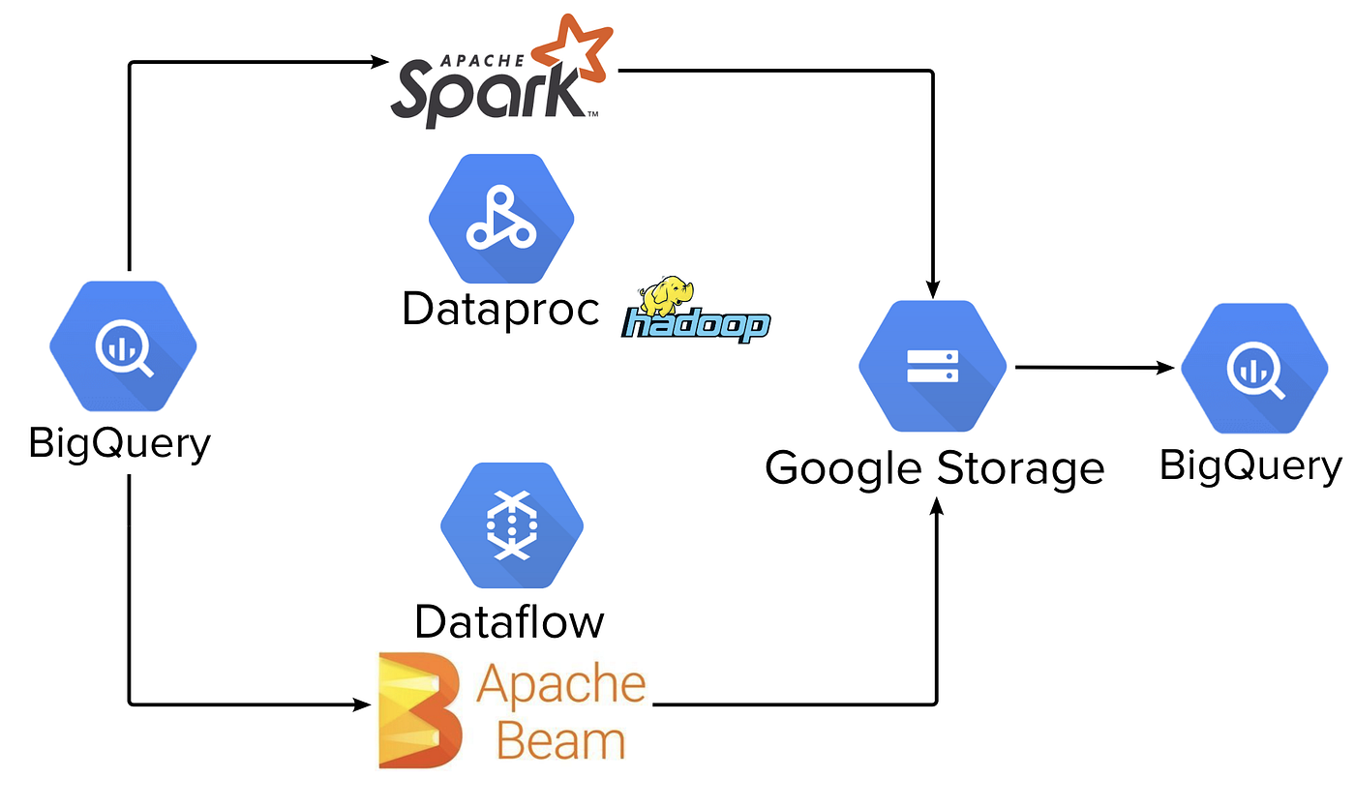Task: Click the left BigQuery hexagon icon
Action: click(123, 345)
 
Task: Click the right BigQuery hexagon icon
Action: click(1255, 367)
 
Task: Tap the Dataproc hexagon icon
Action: click(501, 217)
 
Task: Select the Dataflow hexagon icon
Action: click(512, 525)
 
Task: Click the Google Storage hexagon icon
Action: click(932, 365)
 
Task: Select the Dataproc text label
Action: click(500, 310)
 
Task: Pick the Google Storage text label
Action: click(934, 468)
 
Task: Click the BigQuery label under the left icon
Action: click(119, 443)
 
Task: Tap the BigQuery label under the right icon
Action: click(1250, 465)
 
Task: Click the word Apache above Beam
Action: click(561, 683)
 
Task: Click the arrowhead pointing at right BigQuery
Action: click(1169, 368)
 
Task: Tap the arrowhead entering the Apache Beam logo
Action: click(364, 704)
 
